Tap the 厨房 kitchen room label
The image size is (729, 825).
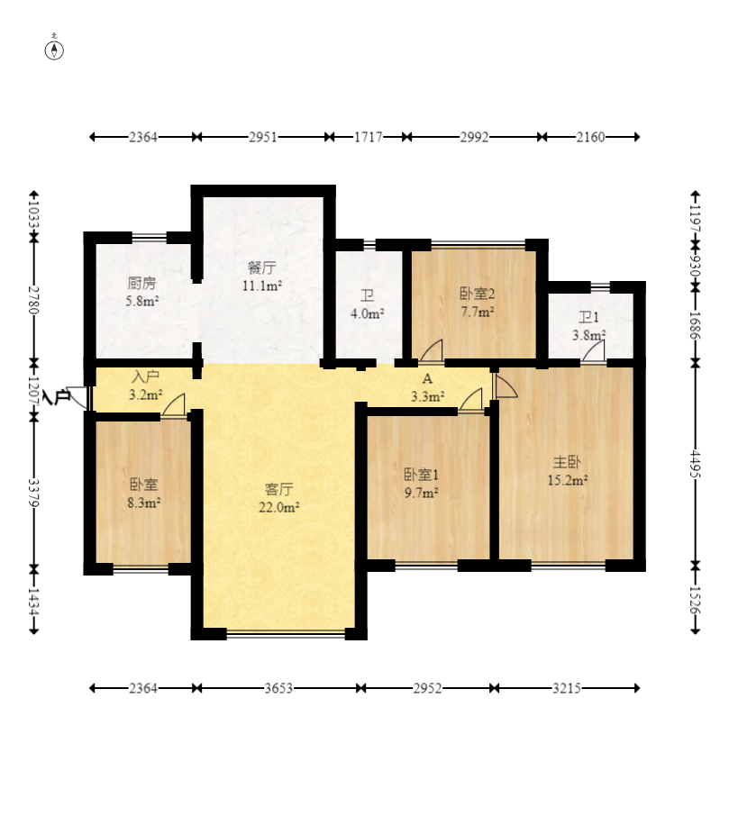(141, 283)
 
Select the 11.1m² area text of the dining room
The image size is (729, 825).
(262, 286)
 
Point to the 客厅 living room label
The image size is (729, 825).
(279, 489)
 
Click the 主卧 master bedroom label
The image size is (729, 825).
(568, 462)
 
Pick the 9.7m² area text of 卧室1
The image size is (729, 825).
(421, 493)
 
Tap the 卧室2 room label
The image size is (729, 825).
(478, 293)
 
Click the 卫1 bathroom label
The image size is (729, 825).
(589, 317)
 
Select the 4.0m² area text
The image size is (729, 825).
(368, 313)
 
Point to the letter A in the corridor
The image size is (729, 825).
(427, 378)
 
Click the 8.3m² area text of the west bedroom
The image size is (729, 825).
(143, 503)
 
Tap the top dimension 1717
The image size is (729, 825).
(368, 137)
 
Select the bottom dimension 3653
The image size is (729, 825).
(278, 688)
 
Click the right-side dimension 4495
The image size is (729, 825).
(696, 464)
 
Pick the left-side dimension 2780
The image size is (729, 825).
(33, 299)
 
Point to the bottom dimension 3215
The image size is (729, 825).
(567, 688)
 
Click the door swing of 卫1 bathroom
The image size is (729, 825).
(593, 351)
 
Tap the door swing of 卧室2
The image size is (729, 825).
(431, 351)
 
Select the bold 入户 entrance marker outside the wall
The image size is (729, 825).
(57, 396)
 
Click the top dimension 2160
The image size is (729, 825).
(590, 137)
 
